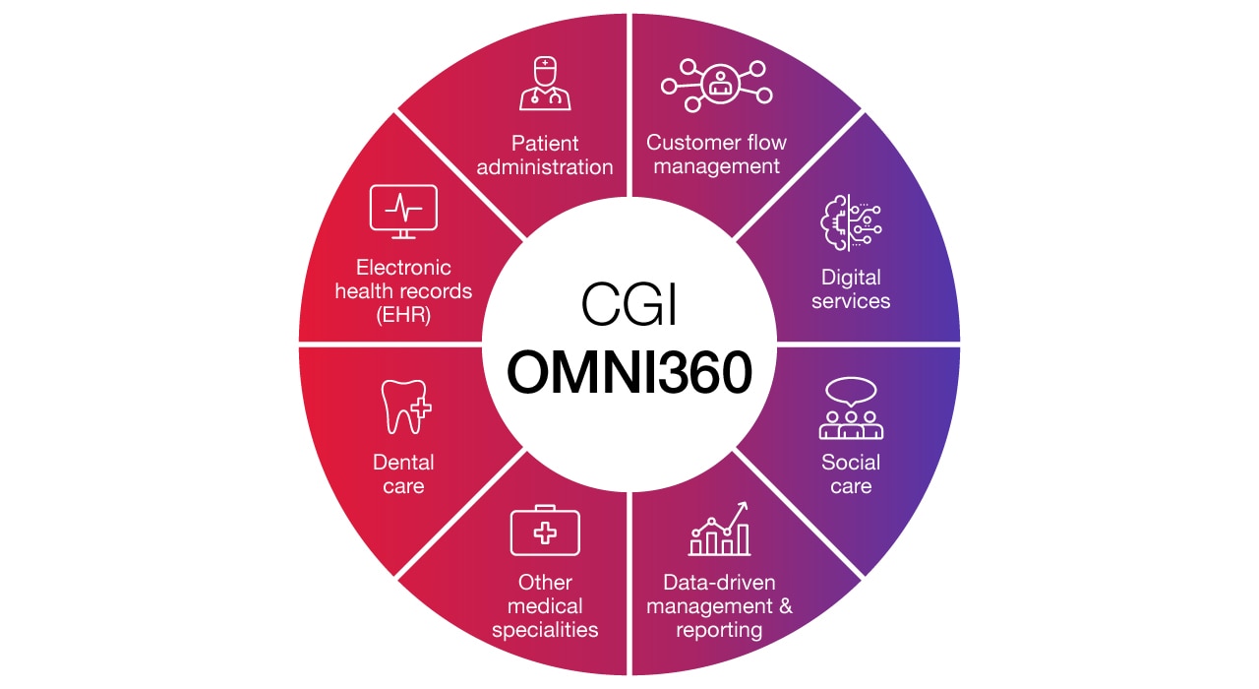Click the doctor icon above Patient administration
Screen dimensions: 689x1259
click(x=544, y=83)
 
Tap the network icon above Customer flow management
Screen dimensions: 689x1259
click(x=716, y=84)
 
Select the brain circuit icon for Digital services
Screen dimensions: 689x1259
click(x=851, y=224)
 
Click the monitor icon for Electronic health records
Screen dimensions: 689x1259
click(x=403, y=211)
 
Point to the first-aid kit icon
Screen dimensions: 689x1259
click(x=544, y=532)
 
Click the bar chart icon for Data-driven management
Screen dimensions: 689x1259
click(x=719, y=532)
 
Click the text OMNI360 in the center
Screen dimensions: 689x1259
click(x=629, y=372)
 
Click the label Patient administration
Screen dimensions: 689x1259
click(x=544, y=155)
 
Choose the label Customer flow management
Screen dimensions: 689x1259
click(x=716, y=155)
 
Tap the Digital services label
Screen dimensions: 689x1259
click(x=851, y=288)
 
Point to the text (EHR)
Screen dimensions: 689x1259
click(x=403, y=315)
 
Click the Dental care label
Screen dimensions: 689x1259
click(x=403, y=473)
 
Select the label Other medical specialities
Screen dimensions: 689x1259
click(x=545, y=605)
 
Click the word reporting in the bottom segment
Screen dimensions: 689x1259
click(x=719, y=630)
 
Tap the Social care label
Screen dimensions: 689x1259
click(x=851, y=473)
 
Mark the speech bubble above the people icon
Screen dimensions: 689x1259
click(x=851, y=392)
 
